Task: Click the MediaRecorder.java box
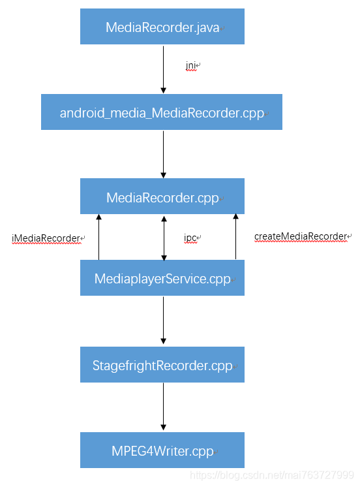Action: click(162, 27)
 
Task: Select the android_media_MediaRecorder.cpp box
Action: click(162, 112)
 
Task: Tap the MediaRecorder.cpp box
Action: click(162, 196)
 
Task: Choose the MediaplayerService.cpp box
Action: click(162, 278)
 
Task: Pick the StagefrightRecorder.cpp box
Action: click(162, 365)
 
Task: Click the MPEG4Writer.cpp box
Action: click(162, 450)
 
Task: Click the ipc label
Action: click(190, 238)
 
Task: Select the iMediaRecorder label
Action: click(46, 238)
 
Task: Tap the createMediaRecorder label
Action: click(301, 236)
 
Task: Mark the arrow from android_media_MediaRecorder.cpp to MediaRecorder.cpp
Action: click(163, 153)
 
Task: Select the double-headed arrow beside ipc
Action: click(163, 237)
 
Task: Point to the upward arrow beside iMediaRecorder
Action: click(98, 237)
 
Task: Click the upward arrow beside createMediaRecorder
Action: click(235, 237)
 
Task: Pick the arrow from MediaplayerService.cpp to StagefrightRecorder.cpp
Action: click(163, 320)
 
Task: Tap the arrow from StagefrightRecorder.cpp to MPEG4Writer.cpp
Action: click(163, 407)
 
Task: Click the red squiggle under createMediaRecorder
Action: click(301, 242)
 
